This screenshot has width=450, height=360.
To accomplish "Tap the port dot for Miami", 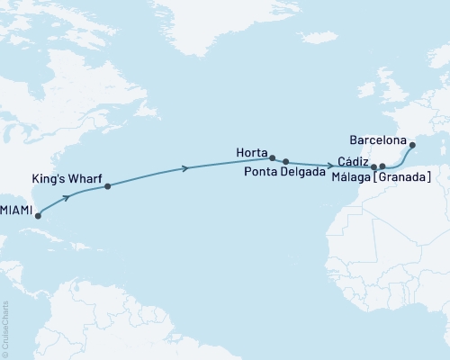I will tap(38, 216).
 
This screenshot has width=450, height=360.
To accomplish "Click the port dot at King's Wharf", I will tap(108, 186).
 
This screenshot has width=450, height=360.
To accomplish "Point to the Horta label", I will tap(251, 153).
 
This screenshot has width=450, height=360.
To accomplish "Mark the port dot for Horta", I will tap(272, 158).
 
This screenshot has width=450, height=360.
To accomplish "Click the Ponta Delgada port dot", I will tap(286, 162).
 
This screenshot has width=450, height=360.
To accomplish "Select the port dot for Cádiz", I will tap(373, 167).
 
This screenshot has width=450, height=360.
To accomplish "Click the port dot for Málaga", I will tap(382, 166).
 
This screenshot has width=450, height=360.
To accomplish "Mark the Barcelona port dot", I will tap(412, 145).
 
